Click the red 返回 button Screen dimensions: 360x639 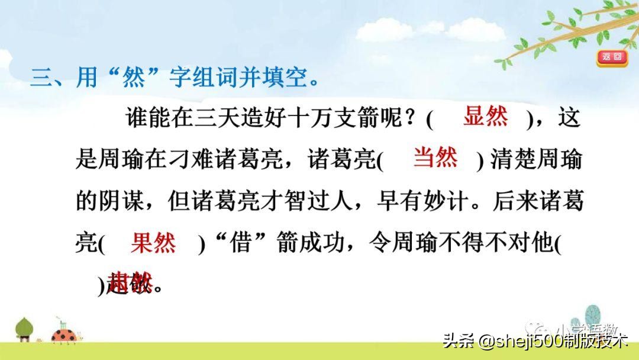tap(612, 57)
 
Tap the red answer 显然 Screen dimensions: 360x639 tap(485, 117)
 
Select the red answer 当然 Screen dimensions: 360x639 tap(435, 158)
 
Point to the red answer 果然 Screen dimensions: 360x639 tap(153, 243)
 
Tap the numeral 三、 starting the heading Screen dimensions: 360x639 tap(47, 78)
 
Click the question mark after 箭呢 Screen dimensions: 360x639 tap(411, 118)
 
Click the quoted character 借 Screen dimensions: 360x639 tap(238, 243)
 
